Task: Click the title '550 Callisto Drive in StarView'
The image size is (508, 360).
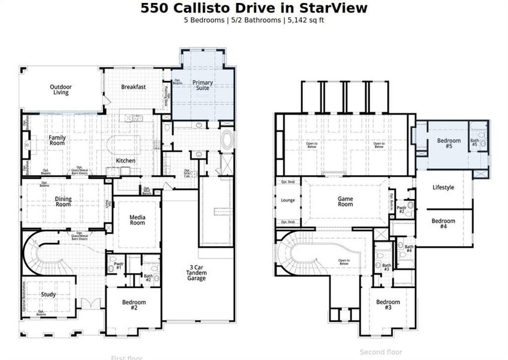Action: point(254,8)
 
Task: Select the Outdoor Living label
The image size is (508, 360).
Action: point(61,89)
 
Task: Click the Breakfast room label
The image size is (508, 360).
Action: point(133,87)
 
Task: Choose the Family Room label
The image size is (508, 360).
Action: point(57,140)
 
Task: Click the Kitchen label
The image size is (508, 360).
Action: point(125,161)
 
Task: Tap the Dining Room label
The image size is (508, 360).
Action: point(63,202)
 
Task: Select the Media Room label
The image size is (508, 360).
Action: point(137,220)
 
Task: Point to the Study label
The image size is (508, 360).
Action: point(48,294)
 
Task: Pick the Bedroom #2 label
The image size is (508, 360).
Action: point(134,305)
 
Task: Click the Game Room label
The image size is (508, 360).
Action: point(345,201)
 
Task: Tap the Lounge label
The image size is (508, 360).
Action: point(288,200)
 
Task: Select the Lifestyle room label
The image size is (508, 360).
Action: point(443,187)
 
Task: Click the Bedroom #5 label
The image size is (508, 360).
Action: point(449,143)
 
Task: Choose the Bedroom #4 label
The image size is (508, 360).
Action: point(443,223)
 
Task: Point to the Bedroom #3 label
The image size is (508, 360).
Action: point(388,305)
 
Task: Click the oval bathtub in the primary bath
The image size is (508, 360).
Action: point(227,142)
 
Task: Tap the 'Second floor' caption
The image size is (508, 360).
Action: point(381,352)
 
